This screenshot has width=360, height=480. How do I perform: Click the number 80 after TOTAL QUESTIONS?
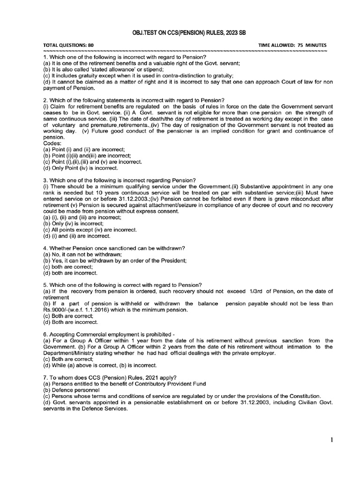[91, 45]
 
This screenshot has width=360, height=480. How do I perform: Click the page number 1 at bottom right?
[331, 440]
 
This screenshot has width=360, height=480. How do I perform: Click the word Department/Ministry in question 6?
[67, 353]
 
